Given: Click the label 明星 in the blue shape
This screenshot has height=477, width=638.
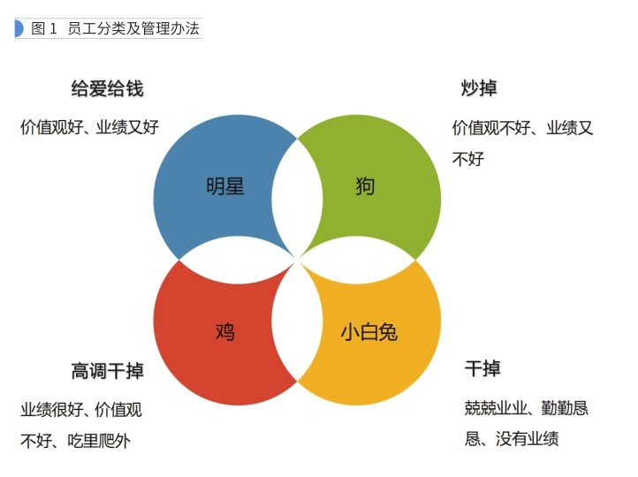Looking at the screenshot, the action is click(x=224, y=186).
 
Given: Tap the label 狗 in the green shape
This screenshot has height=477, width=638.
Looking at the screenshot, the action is click(x=365, y=186).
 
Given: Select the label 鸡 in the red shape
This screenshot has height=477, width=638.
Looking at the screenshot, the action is click(x=225, y=331).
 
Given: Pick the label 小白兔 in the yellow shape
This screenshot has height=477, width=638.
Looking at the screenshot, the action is click(x=369, y=331).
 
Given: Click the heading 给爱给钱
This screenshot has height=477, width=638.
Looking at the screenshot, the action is click(x=107, y=88).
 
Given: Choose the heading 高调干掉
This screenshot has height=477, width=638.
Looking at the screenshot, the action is click(x=107, y=371).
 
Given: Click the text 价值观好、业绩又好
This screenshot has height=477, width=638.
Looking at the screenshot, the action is click(x=89, y=127).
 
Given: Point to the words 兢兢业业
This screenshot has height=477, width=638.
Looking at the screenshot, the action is click(x=496, y=408).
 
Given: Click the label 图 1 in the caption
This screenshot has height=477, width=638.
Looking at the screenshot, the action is click(x=44, y=28).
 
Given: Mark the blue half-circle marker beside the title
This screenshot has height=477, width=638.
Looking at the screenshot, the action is click(x=19, y=28).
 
